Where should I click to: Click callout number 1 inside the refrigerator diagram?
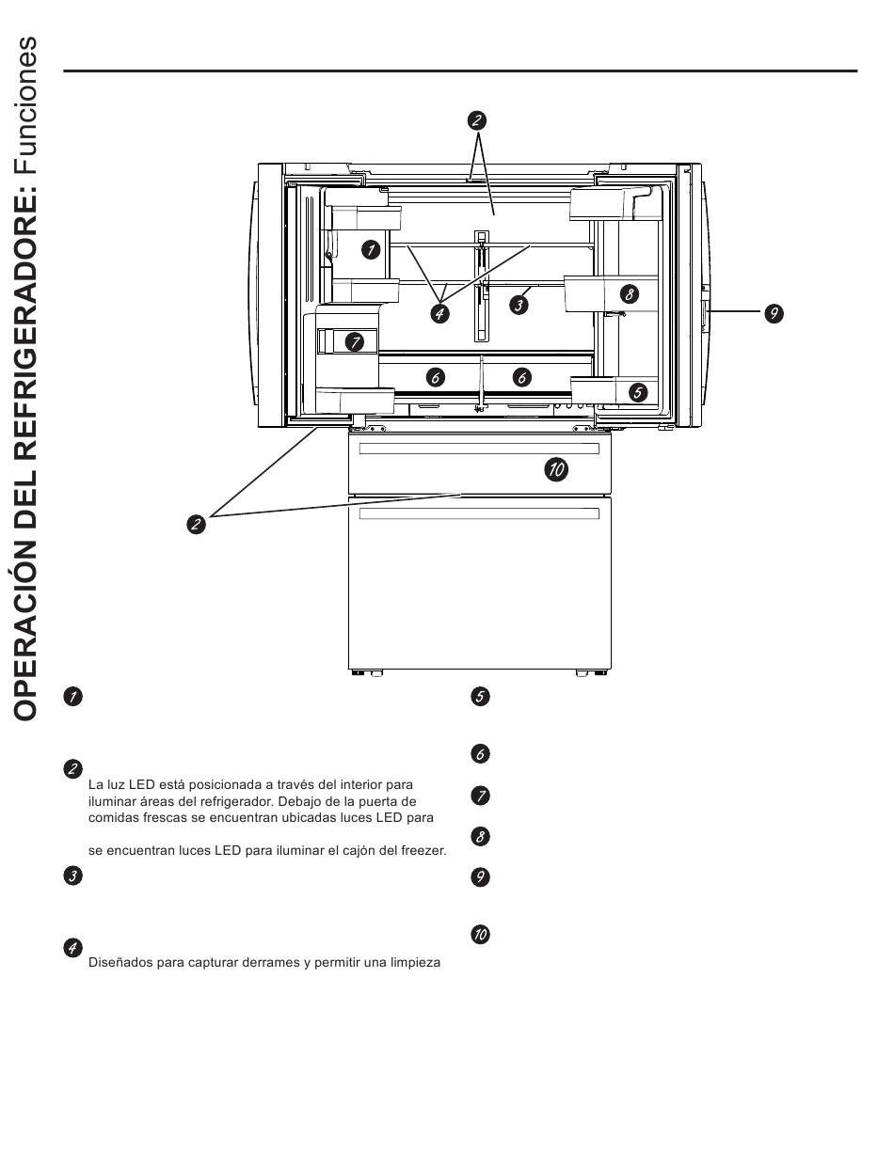(x=371, y=250)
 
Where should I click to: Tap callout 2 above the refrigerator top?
(x=476, y=119)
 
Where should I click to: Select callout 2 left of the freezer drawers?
(x=196, y=524)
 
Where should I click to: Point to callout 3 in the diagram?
(x=519, y=305)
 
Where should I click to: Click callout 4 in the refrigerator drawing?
(x=439, y=314)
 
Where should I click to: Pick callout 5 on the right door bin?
(x=638, y=392)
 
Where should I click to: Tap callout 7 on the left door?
(x=354, y=342)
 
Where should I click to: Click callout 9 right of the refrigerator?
(x=773, y=314)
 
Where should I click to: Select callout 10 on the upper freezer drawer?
(x=556, y=470)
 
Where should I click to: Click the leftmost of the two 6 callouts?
(x=435, y=377)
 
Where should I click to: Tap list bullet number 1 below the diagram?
(x=72, y=697)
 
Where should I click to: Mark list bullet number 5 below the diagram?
(x=480, y=697)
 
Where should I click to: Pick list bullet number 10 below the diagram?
(x=480, y=935)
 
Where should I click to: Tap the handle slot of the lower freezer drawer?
(x=479, y=514)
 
